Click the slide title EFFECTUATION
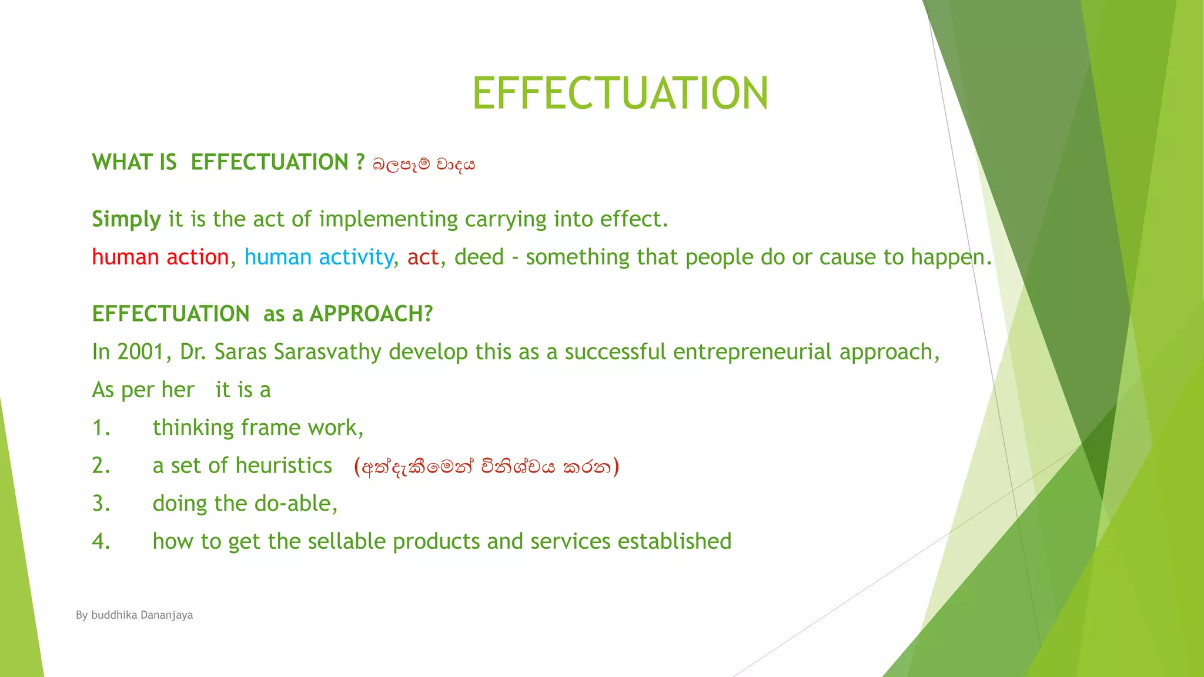point(620,93)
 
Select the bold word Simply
point(126,220)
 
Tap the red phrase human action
point(160,257)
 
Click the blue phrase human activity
point(319,257)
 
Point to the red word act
point(423,257)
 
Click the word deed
point(479,257)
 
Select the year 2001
point(141,352)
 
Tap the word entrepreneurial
point(752,352)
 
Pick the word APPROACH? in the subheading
point(371,314)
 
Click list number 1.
point(101,428)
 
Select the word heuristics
point(284,466)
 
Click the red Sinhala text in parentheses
point(487,467)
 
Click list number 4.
point(101,541)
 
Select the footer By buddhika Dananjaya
point(134,615)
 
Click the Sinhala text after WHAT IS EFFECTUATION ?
point(423,165)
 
